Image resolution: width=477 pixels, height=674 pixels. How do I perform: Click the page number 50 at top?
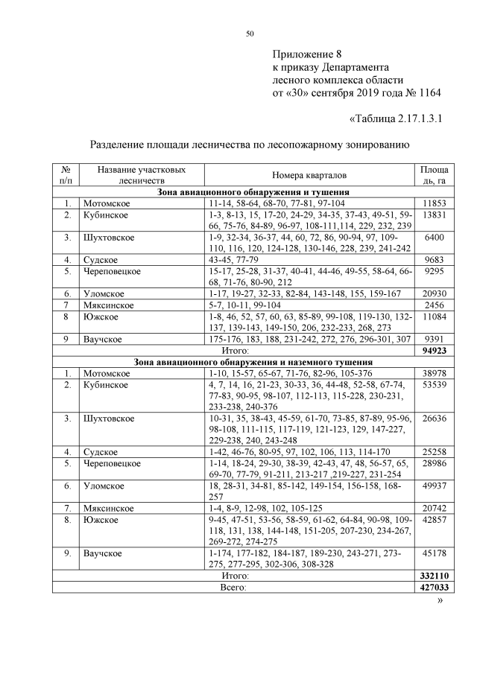[x=250, y=34]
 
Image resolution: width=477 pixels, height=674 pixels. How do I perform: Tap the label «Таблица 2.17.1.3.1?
[x=396, y=119]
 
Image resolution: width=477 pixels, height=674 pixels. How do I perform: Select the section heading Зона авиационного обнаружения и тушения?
[x=253, y=192]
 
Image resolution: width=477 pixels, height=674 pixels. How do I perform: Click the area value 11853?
[x=433, y=203]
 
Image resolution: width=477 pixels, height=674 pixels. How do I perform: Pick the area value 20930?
[x=433, y=294]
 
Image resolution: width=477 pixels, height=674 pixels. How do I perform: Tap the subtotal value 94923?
[x=433, y=349]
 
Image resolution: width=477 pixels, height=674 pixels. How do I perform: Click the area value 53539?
[x=433, y=385]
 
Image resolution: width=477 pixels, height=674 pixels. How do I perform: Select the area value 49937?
[x=433, y=486]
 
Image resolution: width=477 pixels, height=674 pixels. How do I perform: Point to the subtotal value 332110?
[x=433, y=576]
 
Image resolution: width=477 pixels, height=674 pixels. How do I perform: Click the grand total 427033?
[x=433, y=588]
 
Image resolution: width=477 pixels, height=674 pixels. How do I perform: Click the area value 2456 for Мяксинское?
[x=433, y=305]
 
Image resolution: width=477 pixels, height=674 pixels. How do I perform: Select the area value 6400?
[x=433, y=238]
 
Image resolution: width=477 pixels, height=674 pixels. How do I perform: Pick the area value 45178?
[x=433, y=553]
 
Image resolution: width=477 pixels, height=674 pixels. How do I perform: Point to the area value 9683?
[x=433, y=260]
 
